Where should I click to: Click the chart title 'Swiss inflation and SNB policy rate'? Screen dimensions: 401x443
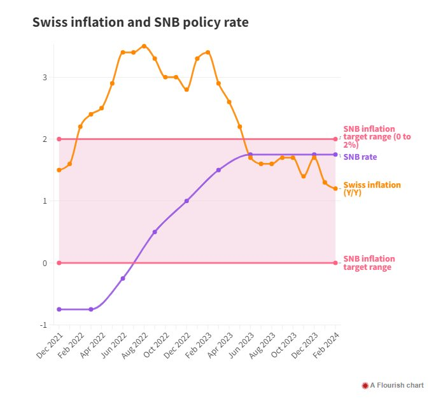point(140,23)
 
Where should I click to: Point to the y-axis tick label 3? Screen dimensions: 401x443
point(45,78)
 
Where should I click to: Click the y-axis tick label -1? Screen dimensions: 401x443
point(44,325)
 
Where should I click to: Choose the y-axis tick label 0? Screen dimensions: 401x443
point(45,263)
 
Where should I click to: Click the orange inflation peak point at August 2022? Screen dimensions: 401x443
point(144,46)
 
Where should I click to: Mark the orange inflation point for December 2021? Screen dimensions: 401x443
point(59,170)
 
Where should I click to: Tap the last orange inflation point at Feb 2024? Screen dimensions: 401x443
point(335,188)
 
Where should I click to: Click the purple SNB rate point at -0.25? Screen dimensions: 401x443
point(123,278)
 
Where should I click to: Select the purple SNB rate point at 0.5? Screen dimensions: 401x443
point(155,232)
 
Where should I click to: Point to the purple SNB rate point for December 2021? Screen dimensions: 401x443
point(59,309)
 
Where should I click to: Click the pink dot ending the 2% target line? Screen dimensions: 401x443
point(335,139)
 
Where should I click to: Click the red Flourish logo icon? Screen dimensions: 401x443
point(365,385)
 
